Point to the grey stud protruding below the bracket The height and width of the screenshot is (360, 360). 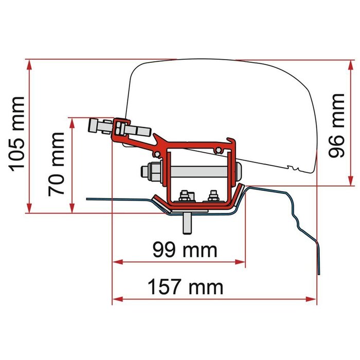pos(188,223)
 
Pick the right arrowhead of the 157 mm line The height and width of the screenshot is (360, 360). pos(312,298)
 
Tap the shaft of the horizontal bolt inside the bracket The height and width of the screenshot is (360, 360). pos(201,170)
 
